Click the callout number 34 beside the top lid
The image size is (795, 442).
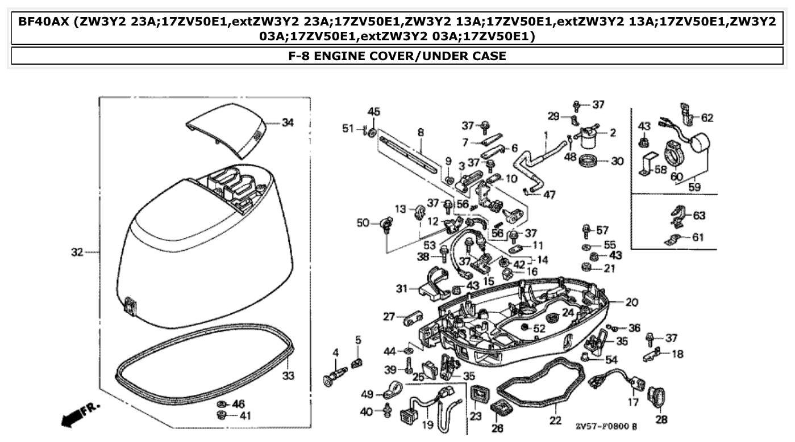coord(288,122)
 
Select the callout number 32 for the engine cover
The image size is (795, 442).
coord(77,252)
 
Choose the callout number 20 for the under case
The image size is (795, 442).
coord(632,302)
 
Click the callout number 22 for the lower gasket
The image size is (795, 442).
coord(555,420)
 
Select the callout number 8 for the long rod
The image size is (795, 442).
coord(421,133)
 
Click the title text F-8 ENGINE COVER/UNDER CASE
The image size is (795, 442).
coord(397,56)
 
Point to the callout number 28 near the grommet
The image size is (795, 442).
coord(661,420)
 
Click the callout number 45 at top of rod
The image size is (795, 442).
coord(373,111)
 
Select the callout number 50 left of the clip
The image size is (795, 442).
coord(363,223)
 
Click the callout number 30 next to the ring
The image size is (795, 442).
coord(617,161)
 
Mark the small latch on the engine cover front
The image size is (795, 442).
coord(130,305)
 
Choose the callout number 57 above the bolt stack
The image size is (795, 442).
coord(602,230)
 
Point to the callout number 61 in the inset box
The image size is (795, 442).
coord(698,237)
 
